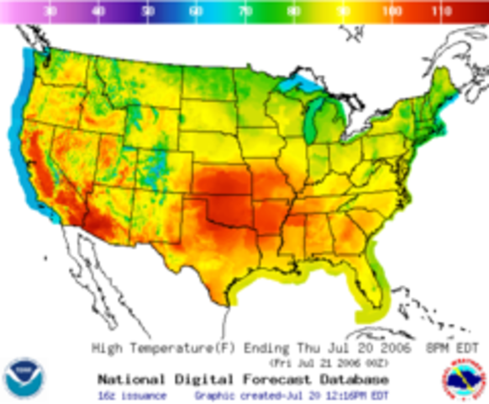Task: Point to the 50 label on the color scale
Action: (x=149, y=12)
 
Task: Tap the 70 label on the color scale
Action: (x=245, y=12)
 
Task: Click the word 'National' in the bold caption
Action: (x=132, y=378)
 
